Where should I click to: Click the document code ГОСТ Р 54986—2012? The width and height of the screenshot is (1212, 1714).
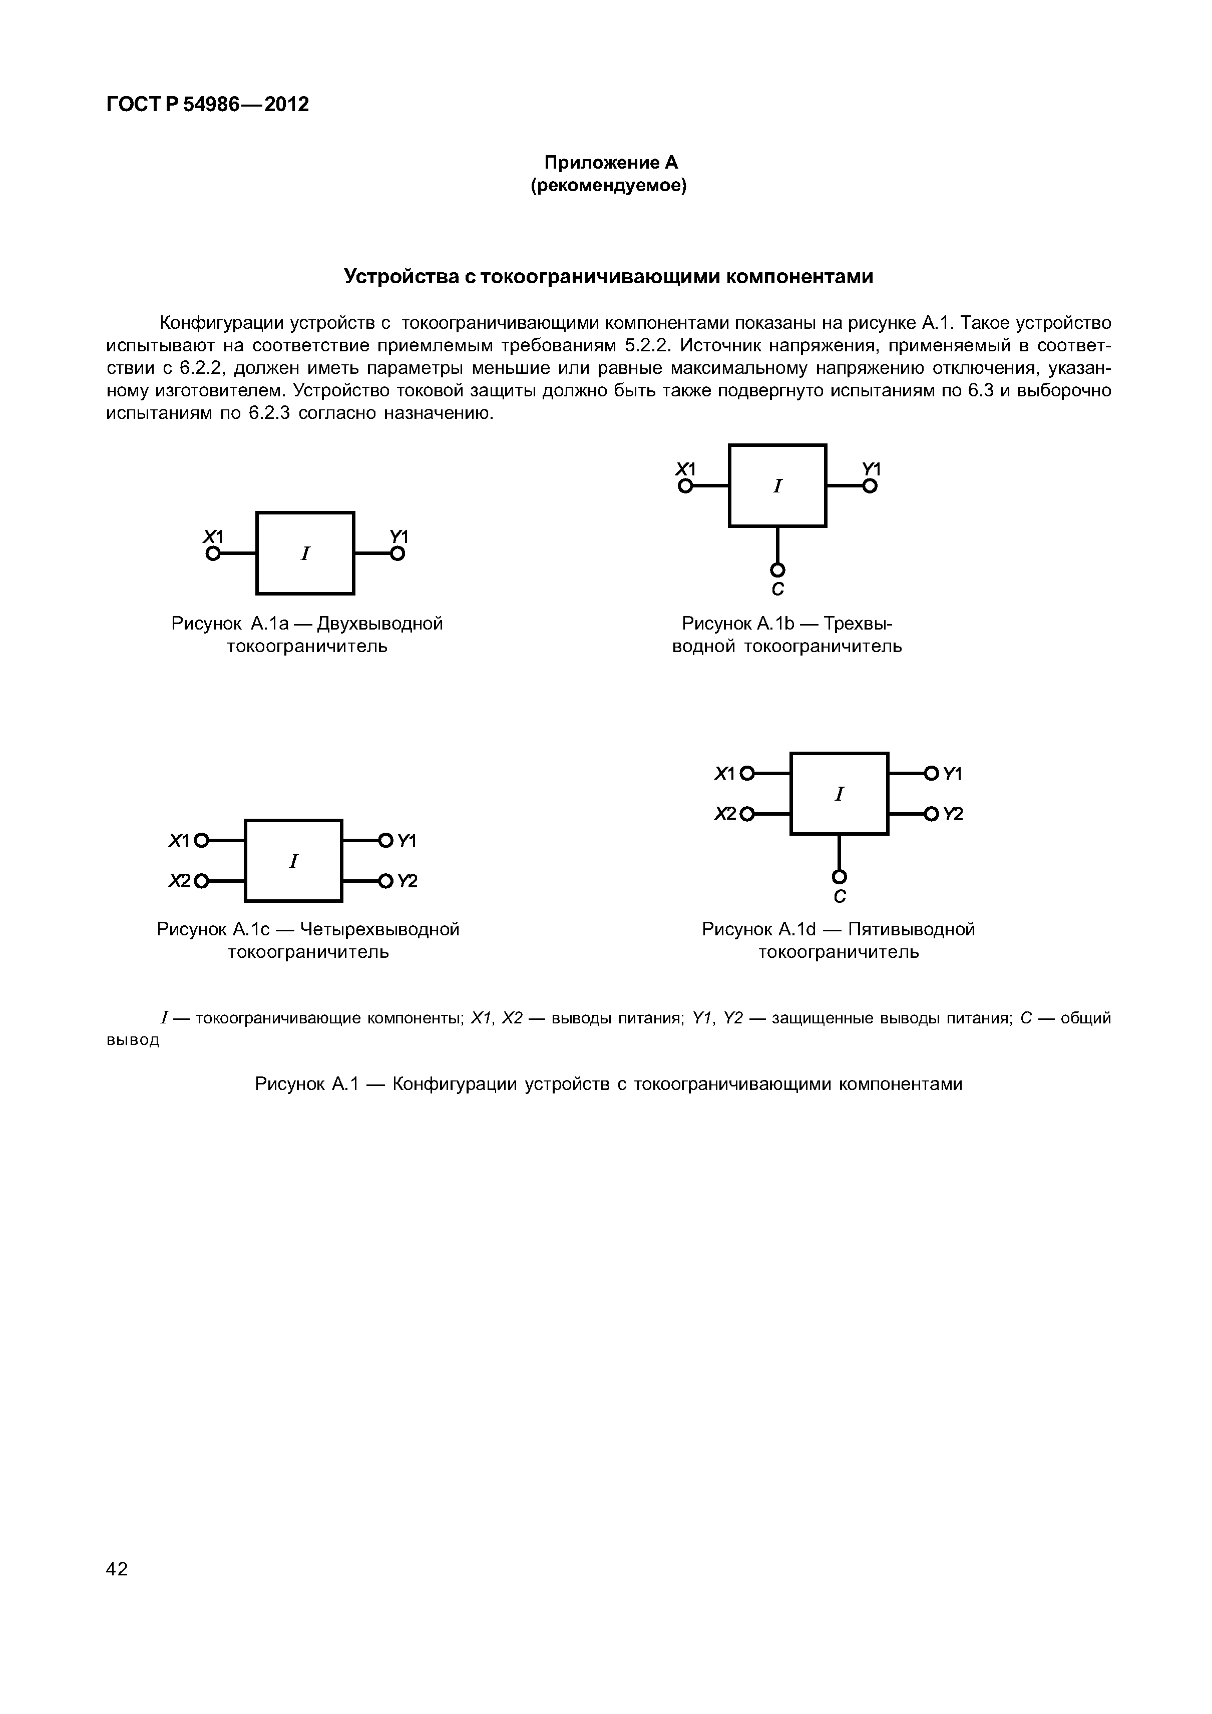click(x=208, y=105)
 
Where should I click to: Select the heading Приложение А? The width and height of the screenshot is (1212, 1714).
click(x=610, y=163)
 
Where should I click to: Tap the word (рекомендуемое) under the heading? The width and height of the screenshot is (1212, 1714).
click(x=609, y=185)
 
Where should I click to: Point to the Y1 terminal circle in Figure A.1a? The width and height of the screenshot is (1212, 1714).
click(x=398, y=554)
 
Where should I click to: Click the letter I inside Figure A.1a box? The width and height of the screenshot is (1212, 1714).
click(x=305, y=554)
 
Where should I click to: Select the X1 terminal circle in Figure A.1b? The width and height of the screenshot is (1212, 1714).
click(x=685, y=486)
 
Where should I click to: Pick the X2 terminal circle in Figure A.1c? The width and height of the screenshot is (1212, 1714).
click(x=200, y=882)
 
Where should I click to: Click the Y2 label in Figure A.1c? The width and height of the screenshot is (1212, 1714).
click(x=407, y=882)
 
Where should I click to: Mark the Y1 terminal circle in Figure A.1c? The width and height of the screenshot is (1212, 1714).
click(x=385, y=841)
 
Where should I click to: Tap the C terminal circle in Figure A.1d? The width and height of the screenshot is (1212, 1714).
click(x=840, y=876)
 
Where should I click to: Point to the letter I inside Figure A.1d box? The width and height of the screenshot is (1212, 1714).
click(x=840, y=794)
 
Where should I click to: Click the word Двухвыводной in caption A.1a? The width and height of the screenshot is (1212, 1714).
click(x=380, y=624)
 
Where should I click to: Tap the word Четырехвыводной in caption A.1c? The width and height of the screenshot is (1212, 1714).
click(x=379, y=929)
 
